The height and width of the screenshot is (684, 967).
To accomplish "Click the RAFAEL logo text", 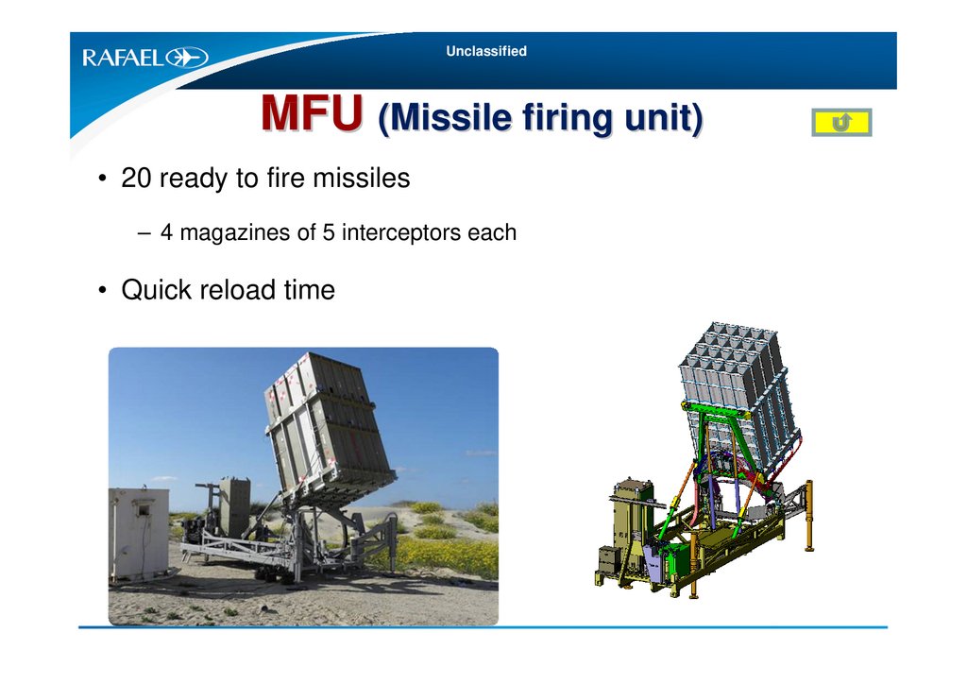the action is pyautogui.click(x=124, y=58).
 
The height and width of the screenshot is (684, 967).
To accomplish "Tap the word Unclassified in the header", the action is pyautogui.click(x=486, y=51).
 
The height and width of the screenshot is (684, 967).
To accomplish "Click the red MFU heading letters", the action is pyautogui.click(x=312, y=112).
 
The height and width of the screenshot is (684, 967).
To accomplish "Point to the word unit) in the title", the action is pyautogui.click(x=664, y=117).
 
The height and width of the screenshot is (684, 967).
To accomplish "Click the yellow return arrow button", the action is pyautogui.click(x=841, y=122).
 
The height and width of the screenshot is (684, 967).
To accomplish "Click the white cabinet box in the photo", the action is pyautogui.click(x=139, y=533).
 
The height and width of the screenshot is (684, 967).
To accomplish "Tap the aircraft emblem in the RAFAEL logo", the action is pyautogui.click(x=187, y=58).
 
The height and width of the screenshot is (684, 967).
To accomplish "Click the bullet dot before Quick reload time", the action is pyautogui.click(x=102, y=290).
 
